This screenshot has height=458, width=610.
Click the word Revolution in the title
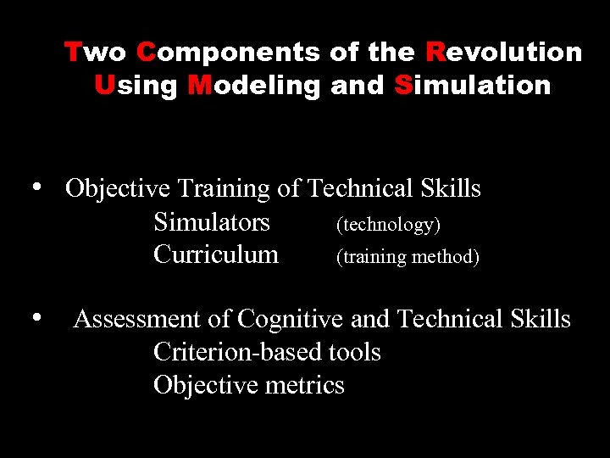(504, 53)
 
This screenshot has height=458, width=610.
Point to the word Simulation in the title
(472, 85)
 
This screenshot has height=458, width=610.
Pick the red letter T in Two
(73, 53)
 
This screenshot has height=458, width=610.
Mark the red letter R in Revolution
(435, 53)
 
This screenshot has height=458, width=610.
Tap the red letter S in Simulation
(402, 85)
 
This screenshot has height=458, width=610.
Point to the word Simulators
(212, 222)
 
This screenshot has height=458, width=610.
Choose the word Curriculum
(216, 254)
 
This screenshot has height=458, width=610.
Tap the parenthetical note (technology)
(388, 224)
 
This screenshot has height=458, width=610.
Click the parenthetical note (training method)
(408, 256)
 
